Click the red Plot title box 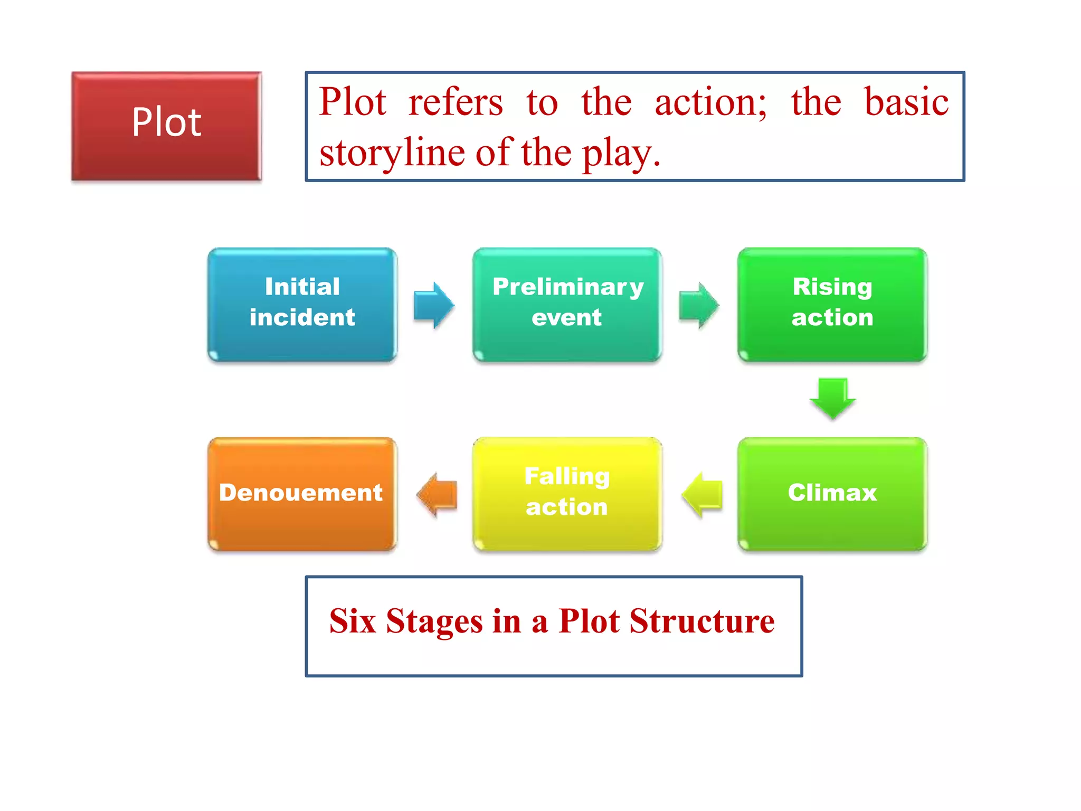(x=166, y=126)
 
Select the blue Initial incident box (x=302, y=305)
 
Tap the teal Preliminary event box (x=567, y=305)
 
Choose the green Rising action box (x=832, y=305)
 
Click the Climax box (x=832, y=494)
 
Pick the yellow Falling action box (x=567, y=494)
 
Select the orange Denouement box (x=302, y=494)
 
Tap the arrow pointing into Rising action (x=698, y=305)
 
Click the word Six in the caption (x=352, y=621)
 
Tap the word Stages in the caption (x=434, y=622)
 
